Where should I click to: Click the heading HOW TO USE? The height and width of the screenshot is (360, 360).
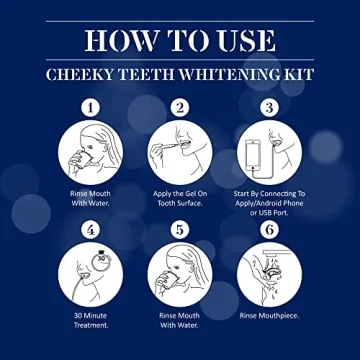180,39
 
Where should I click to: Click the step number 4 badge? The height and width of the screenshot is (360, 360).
92,229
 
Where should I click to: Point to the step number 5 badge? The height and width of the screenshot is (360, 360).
180,229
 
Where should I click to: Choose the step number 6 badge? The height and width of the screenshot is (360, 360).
268,229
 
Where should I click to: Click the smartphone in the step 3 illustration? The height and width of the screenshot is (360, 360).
254,153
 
